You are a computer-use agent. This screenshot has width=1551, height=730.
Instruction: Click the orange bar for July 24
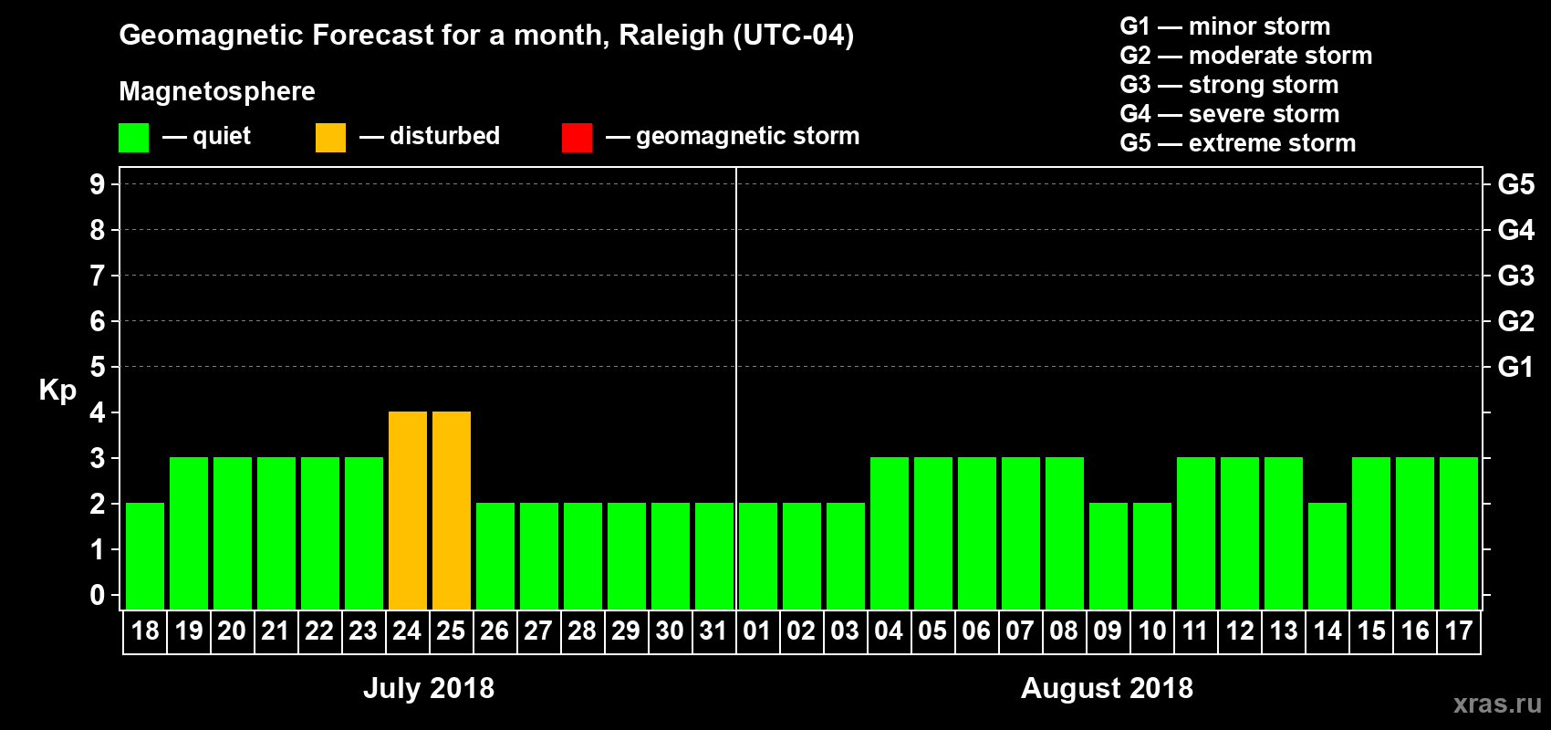408,510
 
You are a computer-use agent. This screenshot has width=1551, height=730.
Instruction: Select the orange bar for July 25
452,510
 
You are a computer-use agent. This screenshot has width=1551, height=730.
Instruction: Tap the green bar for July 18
145,556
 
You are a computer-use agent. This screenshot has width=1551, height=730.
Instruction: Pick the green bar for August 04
890,533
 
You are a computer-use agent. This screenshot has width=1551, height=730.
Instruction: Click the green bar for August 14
1327,556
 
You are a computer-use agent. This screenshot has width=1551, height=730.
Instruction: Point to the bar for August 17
1459,533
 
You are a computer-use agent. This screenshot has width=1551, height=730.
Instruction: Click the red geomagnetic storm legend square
577,138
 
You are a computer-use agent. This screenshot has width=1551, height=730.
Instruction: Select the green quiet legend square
133,138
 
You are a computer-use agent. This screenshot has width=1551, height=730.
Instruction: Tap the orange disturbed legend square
330,138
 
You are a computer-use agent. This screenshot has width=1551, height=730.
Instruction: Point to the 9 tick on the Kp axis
98,184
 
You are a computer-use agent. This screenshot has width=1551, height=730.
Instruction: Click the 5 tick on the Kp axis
98,367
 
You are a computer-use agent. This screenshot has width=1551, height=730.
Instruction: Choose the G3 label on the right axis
1515,276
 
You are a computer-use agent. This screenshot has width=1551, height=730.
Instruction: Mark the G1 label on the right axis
1515,367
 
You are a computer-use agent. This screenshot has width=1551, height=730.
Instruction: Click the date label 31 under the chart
713,631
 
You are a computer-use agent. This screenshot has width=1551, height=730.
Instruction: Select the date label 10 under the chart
1152,631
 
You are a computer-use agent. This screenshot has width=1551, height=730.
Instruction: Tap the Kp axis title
57,390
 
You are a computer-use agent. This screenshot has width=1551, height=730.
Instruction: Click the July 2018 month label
429,688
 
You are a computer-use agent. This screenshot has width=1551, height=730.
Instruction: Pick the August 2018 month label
1107,688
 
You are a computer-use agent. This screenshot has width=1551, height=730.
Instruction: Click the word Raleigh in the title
671,36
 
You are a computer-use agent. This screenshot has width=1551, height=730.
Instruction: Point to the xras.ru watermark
1497,704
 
